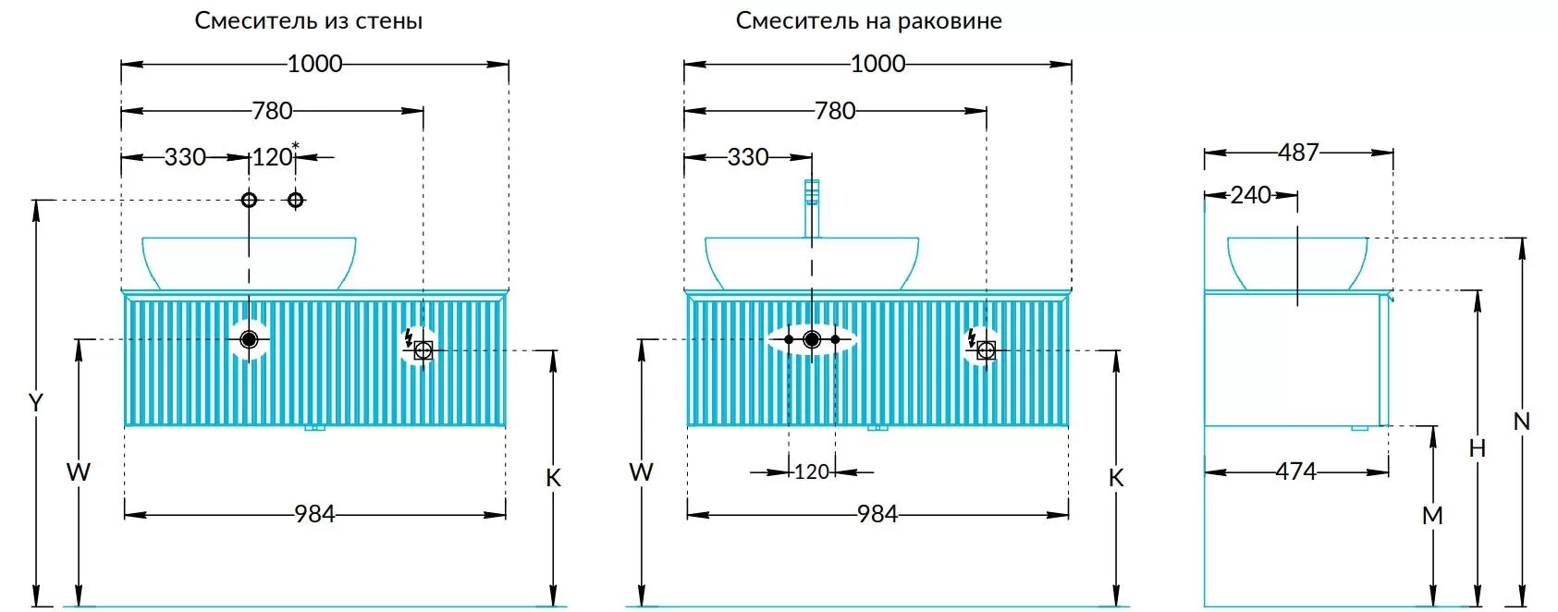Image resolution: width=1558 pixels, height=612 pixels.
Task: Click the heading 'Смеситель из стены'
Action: pos(308,20)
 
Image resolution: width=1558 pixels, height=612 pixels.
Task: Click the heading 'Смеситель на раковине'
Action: pos(868,20)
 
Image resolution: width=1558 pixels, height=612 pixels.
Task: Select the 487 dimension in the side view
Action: pos(1297,153)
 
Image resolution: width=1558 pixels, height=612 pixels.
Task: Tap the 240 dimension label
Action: pos(1250,195)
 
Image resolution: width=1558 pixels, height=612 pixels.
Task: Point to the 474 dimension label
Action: pos(1294,471)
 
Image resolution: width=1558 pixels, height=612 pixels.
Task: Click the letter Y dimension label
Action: pos(35,403)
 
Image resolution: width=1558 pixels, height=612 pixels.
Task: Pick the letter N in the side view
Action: pos(1521,422)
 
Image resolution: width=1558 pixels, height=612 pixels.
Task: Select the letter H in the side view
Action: pos(1477,448)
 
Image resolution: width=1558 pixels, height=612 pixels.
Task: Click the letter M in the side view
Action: pos(1431,516)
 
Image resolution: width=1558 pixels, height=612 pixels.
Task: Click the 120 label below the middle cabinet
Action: pos(811,472)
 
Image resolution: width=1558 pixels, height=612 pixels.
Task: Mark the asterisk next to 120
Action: pos(295,145)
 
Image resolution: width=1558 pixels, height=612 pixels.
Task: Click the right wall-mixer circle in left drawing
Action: pos(295,200)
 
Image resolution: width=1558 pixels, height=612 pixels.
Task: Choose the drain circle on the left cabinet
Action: pos(248,339)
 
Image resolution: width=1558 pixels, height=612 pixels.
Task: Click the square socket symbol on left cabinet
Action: pos(423,350)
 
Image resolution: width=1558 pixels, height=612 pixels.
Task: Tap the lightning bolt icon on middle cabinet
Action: pos(971,337)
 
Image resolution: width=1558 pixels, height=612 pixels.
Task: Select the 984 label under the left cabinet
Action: pos(314,514)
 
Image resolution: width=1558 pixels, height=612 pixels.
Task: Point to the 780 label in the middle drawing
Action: pos(834,111)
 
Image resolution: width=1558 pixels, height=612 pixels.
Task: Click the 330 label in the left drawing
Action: pos(185,157)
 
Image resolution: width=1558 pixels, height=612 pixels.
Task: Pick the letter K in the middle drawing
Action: pos(1115,478)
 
